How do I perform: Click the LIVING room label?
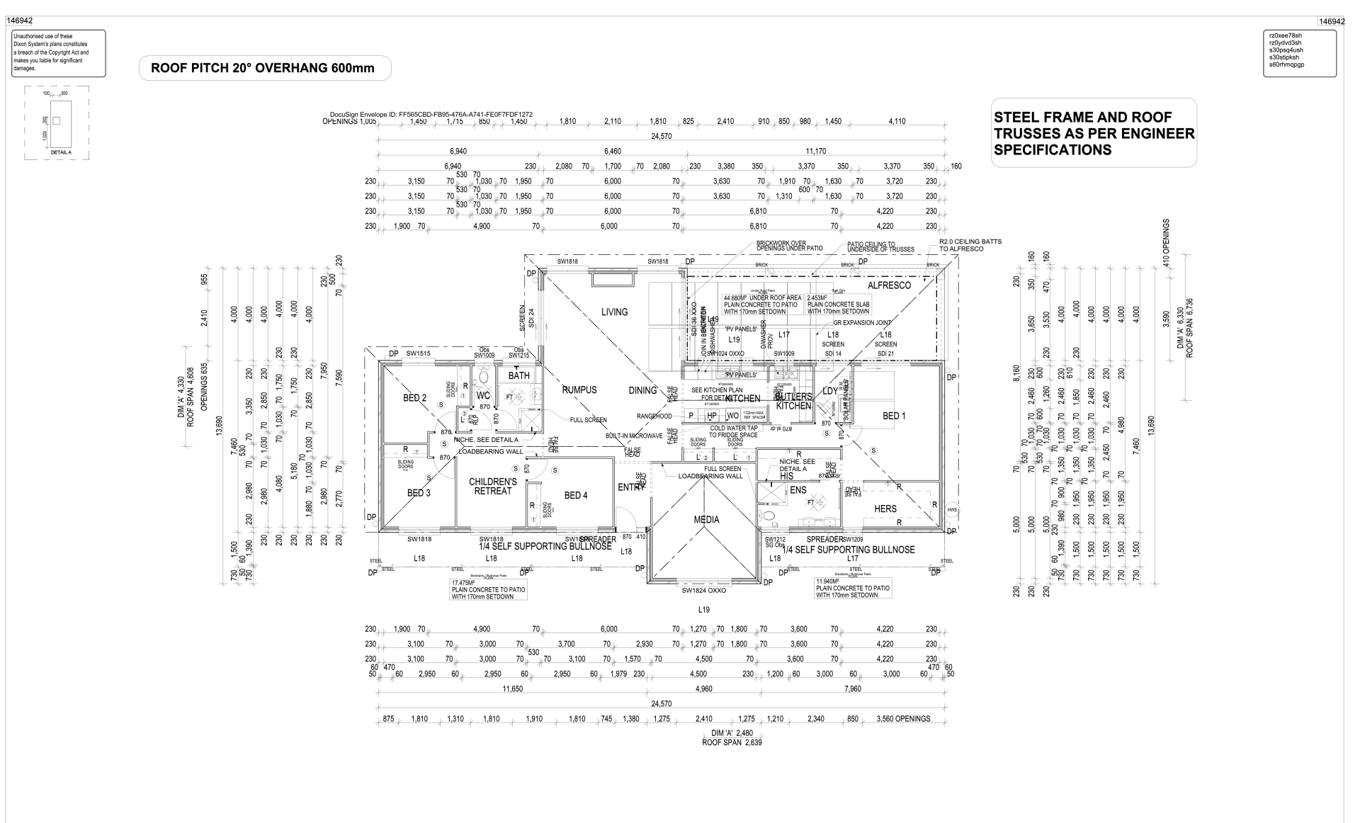click(614, 312)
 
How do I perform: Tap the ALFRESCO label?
click(889, 285)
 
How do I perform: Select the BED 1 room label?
click(893, 416)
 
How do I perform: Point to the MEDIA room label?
click(706, 520)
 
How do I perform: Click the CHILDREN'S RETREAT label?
click(492, 487)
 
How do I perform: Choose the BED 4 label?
click(575, 496)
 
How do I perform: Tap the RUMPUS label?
click(579, 390)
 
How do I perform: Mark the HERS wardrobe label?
click(885, 509)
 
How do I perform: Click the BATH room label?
click(518, 376)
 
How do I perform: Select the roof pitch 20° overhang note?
click(263, 69)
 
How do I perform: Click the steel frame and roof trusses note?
click(1093, 133)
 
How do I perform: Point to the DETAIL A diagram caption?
click(61, 152)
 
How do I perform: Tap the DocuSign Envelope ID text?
click(431, 114)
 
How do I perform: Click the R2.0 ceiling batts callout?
click(970, 245)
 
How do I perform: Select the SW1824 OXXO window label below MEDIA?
click(704, 590)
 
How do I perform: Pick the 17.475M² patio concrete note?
click(488, 590)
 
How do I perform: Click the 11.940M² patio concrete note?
click(852, 588)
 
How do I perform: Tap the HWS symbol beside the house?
click(952, 509)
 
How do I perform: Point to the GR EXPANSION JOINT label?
click(861, 322)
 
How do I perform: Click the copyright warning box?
click(57, 52)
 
